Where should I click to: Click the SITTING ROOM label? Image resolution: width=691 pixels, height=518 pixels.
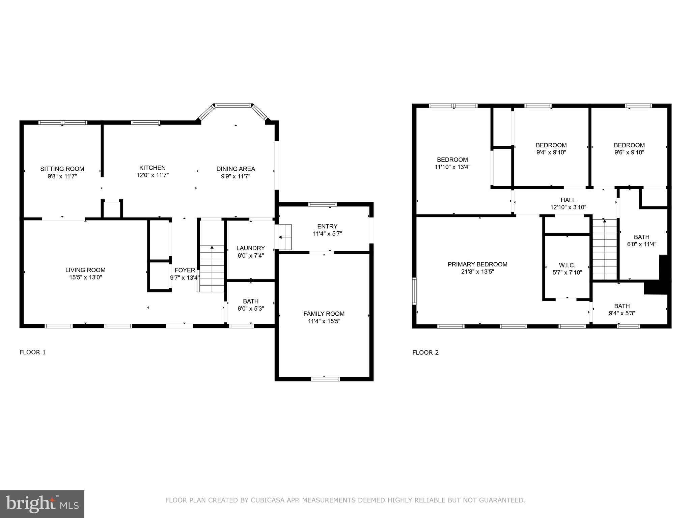62,169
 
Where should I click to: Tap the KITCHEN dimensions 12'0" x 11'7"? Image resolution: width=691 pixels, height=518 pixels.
153,175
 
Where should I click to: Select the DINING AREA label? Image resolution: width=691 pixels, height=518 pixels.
236,169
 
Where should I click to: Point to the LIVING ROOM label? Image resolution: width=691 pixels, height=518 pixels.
85,270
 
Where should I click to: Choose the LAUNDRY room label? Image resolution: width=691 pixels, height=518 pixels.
250,248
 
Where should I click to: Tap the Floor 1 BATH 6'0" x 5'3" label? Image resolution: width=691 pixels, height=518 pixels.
251,305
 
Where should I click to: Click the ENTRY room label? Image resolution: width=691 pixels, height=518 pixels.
327,226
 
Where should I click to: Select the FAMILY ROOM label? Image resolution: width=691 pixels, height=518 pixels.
324,314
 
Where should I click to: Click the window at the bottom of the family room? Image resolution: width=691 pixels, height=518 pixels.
325,379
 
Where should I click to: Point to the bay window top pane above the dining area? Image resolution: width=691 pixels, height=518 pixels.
233,106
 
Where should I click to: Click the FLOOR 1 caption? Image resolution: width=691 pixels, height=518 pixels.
32,352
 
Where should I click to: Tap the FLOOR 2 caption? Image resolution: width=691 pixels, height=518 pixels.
425,353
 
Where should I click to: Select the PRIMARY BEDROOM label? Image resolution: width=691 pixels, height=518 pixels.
477,264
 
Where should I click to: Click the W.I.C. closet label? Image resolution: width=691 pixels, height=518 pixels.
567,265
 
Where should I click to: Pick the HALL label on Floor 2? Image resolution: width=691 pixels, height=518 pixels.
568,200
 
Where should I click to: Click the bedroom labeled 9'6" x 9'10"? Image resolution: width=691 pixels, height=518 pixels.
629,149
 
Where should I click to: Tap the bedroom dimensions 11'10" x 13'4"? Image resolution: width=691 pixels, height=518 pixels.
452,167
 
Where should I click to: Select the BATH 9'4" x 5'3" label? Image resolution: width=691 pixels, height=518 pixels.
621,310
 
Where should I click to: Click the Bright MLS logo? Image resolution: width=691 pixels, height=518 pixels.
42,504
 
